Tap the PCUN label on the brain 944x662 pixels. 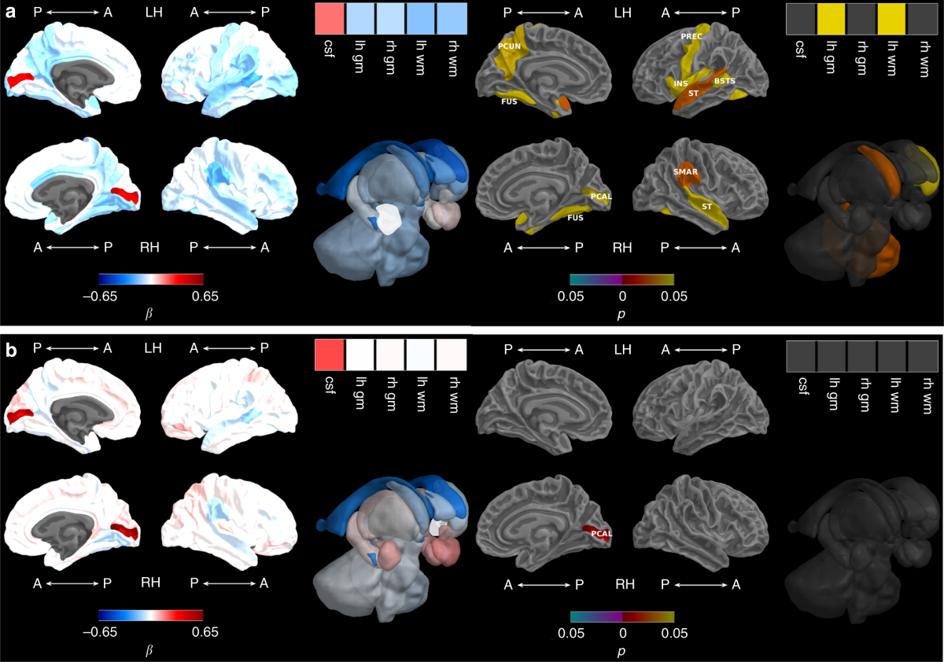pyautogui.click(x=508, y=46)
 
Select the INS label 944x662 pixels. pyautogui.click(x=680, y=83)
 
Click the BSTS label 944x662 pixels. pyautogui.click(x=725, y=80)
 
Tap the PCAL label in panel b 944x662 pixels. pyautogui.click(x=602, y=535)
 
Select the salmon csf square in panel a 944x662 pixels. pyautogui.click(x=329, y=18)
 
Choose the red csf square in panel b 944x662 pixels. pyautogui.click(x=329, y=355)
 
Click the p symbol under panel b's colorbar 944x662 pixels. pyautogui.click(x=621, y=650)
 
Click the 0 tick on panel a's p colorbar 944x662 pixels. pyautogui.click(x=622, y=296)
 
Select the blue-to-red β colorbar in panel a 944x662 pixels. pyautogui.click(x=151, y=279)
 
